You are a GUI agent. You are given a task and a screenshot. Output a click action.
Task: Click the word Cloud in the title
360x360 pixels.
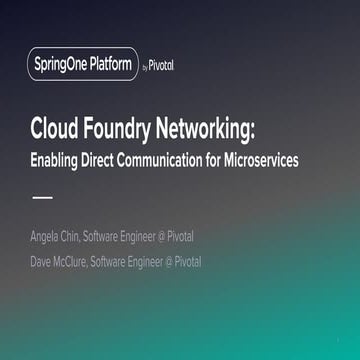click(56, 130)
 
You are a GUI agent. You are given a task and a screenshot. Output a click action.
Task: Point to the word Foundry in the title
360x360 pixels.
click(124, 130)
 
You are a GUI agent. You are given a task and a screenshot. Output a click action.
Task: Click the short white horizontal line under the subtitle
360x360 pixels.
click(42, 197)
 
